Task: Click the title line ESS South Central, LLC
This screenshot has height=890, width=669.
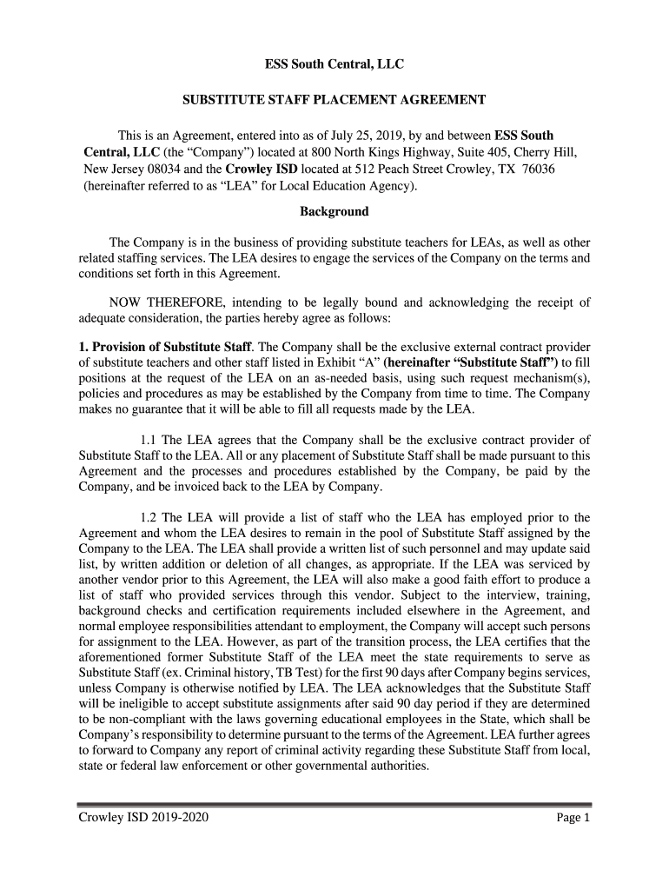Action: pos(334,65)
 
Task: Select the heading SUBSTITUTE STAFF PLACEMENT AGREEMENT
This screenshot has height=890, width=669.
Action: pos(334,101)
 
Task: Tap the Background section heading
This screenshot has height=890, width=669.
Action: pos(334,211)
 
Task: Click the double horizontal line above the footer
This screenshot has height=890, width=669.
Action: pos(334,805)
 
